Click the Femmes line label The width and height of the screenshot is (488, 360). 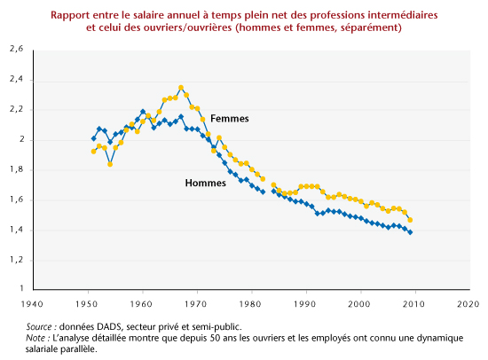click(x=230, y=119)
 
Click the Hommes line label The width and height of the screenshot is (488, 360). click(x=206, y=183)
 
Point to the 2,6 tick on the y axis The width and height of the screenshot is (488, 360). click(x=17, y=49)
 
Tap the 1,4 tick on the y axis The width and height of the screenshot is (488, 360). click(x=17, y=230)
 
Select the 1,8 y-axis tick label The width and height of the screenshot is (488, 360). click(x=17, y=169)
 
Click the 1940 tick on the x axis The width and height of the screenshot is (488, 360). click(x=32, y=303)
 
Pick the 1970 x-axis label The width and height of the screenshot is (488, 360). click(x=196, y=303)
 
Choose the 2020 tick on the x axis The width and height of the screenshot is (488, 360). click(x=468, y=303)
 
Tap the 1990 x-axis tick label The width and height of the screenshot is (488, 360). click(x=305, y=303)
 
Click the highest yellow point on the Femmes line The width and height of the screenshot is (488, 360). click(x=181, y=88)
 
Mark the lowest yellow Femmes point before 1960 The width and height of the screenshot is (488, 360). click(x=110, y=164)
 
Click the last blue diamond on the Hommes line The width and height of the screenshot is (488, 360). click(x=410, y=232)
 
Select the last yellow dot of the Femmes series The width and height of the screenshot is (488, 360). click(x=410, y=220)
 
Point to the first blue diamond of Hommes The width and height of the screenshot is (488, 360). click(x=94, y=138)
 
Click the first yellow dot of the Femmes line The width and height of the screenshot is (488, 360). click(x=94, y=152)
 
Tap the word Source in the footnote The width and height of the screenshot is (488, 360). click(x=38, y=326)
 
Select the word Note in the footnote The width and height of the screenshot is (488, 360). click(x=35, y=338)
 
